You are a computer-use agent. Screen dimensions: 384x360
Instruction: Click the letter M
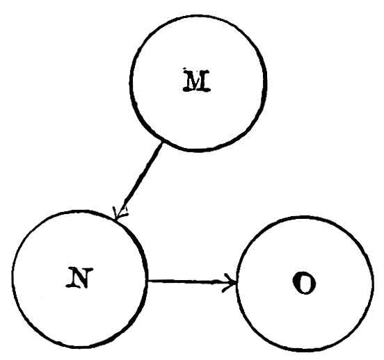pyautogui.click(x=197, y=81)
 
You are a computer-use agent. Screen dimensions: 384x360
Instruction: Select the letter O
pyautogui.click(x=304, y=282)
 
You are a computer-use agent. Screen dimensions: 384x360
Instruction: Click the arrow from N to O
pyautogui.click(x=192, y=281)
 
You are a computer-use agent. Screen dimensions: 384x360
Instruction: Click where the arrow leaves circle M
pyautogui.click(x=161, y=143)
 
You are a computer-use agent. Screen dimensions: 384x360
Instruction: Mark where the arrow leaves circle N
pyautogui.click(x=147, y=281)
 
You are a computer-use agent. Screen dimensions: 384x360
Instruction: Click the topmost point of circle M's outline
pyautogui.click(x=198, y=16)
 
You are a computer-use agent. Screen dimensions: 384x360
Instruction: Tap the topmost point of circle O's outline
pyautogui.click(x=305, y=217)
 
